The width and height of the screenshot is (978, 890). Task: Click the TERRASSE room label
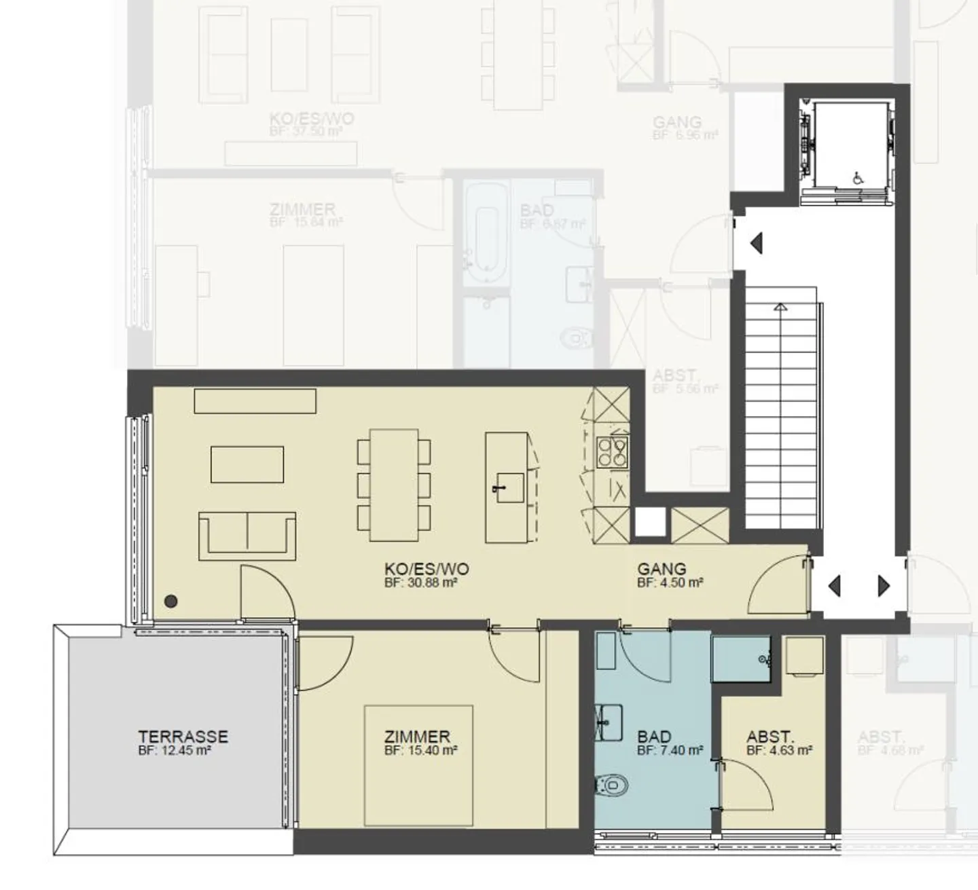coord(183,737)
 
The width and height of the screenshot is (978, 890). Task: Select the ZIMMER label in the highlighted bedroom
coord(417,737)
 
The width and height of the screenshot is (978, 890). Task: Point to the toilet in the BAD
coord(611,786)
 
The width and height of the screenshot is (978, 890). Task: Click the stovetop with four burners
coord(611,451)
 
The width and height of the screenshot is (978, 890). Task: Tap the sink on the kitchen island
coord(509,487)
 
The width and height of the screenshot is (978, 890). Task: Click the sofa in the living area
coord(247,535)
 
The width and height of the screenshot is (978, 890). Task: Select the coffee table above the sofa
coord(247,464)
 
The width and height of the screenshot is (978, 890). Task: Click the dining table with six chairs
coord(394,485)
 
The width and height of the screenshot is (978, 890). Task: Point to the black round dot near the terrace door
coord(171,601)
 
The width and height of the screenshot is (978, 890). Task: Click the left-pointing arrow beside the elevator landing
coord(756,242)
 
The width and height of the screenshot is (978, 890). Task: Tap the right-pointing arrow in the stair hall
coord(884,585)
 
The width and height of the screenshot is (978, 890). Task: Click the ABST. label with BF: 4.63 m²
coord(769,737)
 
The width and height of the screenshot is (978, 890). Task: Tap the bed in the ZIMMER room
coord(418,766)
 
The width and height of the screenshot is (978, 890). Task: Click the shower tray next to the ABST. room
coord(740,659)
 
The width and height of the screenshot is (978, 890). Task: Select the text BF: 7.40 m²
coord(670,750)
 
